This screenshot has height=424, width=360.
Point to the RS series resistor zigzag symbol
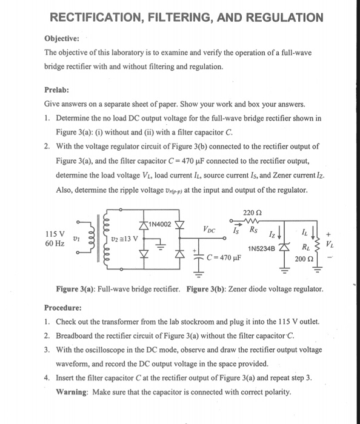point(254,220)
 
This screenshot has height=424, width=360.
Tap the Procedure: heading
point(65,307)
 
